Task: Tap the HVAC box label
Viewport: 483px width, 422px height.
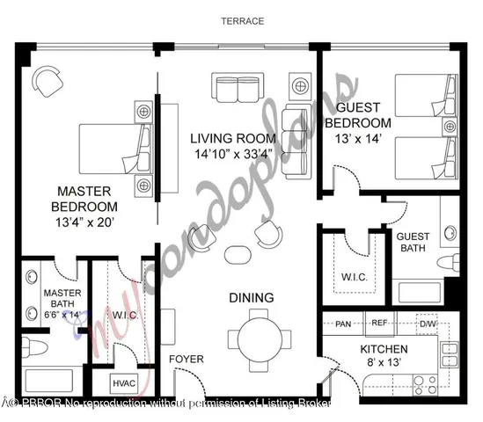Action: [121, 382]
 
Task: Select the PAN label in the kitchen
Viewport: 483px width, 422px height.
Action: [343, 324]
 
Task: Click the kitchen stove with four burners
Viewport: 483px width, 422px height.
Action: [425, 382]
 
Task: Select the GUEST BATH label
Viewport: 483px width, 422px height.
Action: [413, 244]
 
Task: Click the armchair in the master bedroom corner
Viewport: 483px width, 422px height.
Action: [48, 83]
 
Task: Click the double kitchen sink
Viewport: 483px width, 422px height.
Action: [450, 354]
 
